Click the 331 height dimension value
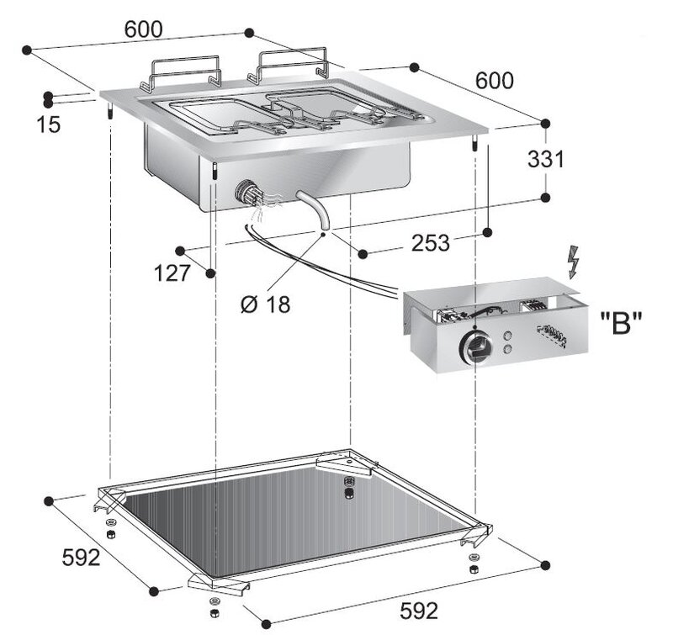click(545, 159)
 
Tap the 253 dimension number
click(431, 243)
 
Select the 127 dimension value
click(172, 273)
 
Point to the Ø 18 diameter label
click(266, 304)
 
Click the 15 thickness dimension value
click(49, 124)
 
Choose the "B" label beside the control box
click(621, 323)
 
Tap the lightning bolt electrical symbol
click(573, 262)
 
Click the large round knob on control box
click(474, 347)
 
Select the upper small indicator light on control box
click(507, 336)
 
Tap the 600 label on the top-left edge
click(143, 29)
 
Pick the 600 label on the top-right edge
click(495, 81)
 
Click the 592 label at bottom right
click(419, 611)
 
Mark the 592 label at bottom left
click(81, 558)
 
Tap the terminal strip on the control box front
click(552, 336)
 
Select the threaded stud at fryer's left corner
click(110, 109)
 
